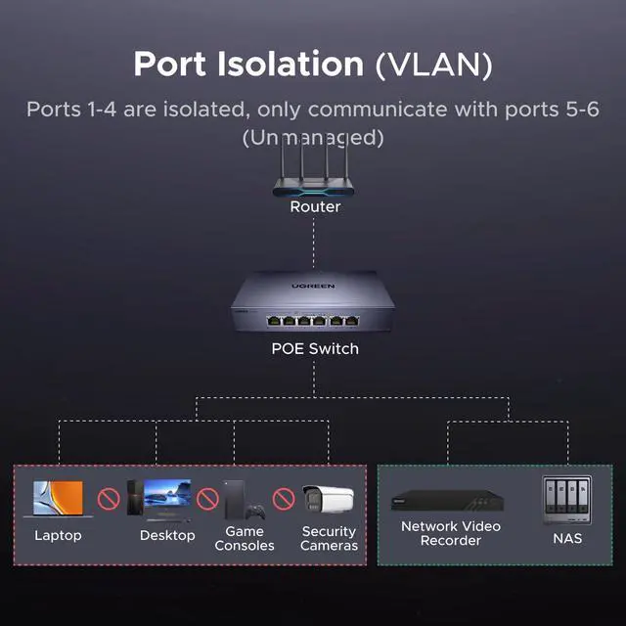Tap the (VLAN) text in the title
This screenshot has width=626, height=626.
(433, 64)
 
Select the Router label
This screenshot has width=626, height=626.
(315, 206)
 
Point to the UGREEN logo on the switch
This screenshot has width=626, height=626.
(313, 287)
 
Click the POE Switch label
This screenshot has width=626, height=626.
(315, 348)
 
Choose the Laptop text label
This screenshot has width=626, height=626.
(58, 535)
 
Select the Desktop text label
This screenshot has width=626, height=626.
(167, 535)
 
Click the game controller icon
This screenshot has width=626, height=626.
(255, 511)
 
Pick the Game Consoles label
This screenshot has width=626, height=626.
(245, 538)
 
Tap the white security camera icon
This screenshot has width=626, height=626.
(327, 499)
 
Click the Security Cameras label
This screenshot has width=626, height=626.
(329, 538)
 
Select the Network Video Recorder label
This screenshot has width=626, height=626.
(451, 533)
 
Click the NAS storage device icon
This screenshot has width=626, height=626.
(567, 499)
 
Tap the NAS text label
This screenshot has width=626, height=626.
(567, 537)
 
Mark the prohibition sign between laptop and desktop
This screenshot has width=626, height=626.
(109, 500)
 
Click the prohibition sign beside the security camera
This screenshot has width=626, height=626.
(284, 500)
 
